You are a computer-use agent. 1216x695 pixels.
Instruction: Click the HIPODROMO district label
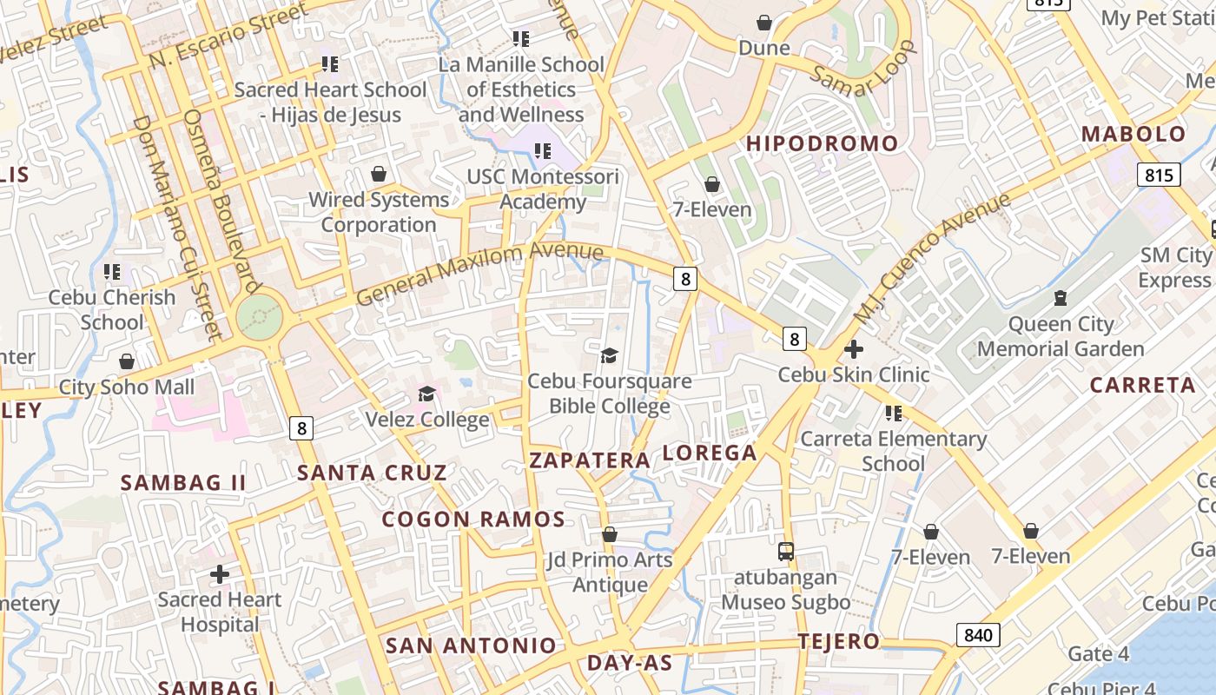[x=822, y=143]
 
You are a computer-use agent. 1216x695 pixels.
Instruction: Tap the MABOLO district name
[x=1133, y=135]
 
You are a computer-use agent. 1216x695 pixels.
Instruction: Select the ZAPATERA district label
[x=590, y=460]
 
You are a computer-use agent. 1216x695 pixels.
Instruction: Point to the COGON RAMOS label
[x=473, y=520]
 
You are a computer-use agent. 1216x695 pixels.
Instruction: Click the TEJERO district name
[x=839, y=642]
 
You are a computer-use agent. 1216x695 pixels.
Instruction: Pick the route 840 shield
[x=977, y=635]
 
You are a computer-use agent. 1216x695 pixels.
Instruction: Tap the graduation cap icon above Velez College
[x=426, y=394]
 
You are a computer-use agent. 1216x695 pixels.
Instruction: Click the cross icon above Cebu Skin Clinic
[x=854, y=349]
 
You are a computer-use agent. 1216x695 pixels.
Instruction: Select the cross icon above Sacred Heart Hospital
[x=220, y=573]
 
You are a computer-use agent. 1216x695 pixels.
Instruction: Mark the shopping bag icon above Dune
[x=764, y=23]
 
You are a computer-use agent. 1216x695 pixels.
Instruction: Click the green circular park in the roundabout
[x=259, y=317]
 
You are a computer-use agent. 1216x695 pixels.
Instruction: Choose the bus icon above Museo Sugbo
[x=786, y=552]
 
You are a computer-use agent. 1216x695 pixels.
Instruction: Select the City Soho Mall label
[x=127, y=387]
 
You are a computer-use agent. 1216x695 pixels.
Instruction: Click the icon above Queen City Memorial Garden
[x=1060, y=298]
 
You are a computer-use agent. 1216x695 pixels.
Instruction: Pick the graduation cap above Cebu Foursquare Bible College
[x=610, y=355]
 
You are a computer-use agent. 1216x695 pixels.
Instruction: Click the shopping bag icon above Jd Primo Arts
[x=610, y=534]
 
